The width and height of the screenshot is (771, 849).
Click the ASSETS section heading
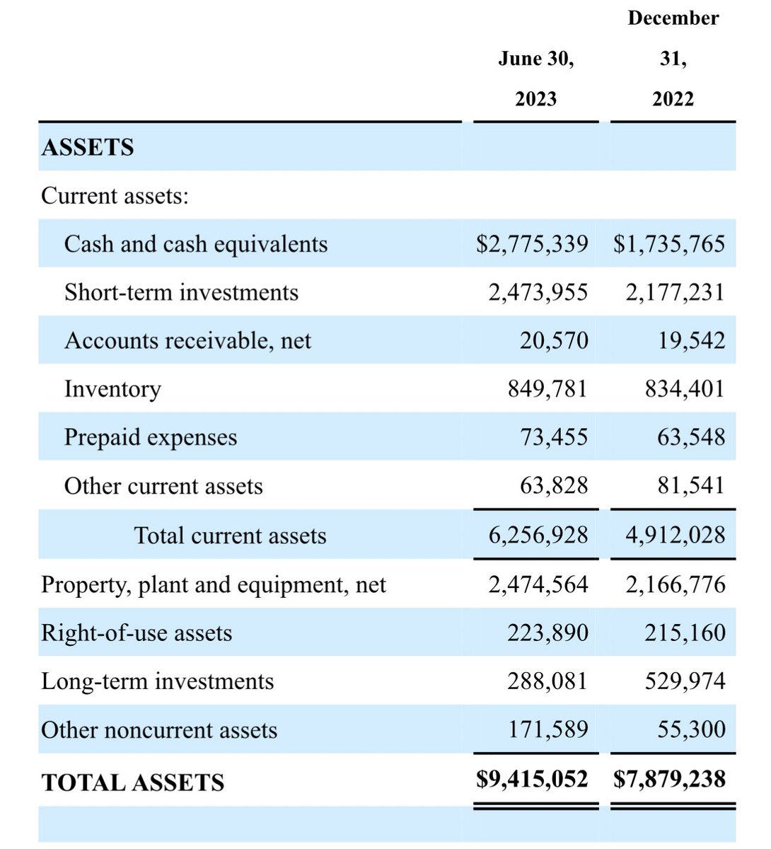(88, 147)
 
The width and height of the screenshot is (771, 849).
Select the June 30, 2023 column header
(535, 79)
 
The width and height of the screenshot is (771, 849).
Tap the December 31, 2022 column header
(673, 59)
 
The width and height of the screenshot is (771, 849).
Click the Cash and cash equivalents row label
(196, 244)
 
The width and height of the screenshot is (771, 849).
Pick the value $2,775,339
(532, 244)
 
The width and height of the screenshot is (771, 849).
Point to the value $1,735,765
(669, 244)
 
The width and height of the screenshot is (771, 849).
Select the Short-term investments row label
(181, 292)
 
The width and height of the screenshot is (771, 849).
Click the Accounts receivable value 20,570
(554, 340)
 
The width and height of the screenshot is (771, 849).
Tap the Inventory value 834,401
(685, 388)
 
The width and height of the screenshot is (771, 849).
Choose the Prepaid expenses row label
(151, 437)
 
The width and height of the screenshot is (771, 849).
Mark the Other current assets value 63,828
(554, 485)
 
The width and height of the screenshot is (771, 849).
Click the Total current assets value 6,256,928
(538, 535)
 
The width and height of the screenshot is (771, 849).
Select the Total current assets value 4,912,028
(675, 535)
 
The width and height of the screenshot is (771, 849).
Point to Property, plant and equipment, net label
(214, 584)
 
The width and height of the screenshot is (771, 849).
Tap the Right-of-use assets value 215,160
(685, 633)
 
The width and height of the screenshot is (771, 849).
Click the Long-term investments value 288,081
(547, 681)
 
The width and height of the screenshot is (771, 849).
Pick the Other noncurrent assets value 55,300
(691, 729)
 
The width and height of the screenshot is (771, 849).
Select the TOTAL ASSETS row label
(133, 782)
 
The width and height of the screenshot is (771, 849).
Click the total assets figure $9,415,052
(532, 779)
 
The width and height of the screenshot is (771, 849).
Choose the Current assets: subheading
(115, 195)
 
